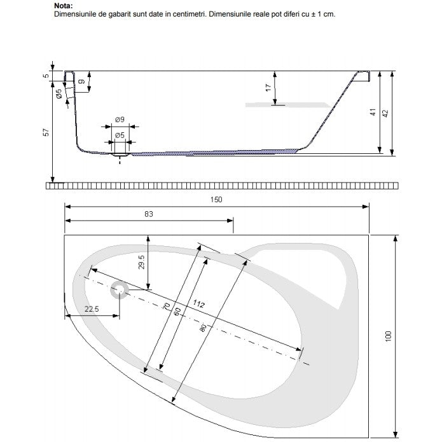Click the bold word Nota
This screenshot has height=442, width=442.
pyautogui.click(x=64, y=6)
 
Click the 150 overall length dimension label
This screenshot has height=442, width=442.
pyautogui.click(x=216, y=200)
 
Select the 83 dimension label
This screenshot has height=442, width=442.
pyautogui.click(x=149, y=214)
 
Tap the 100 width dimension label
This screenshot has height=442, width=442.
pyautogui.click(x=388, y=336)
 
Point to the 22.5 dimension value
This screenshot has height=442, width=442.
pyautogui.click(x=92, y=309)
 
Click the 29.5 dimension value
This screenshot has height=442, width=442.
pyautogui.click(x=142, y=262)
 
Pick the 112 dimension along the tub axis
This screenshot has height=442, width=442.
pyautogui.click(x=198, y=303)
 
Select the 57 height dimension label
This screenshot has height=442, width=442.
pyautogui.click(x=46, y=132)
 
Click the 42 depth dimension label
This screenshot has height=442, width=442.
pyautogui.click(x=385, y=113)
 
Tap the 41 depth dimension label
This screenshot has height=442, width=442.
pyautogui.click(x=373, y=112)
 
